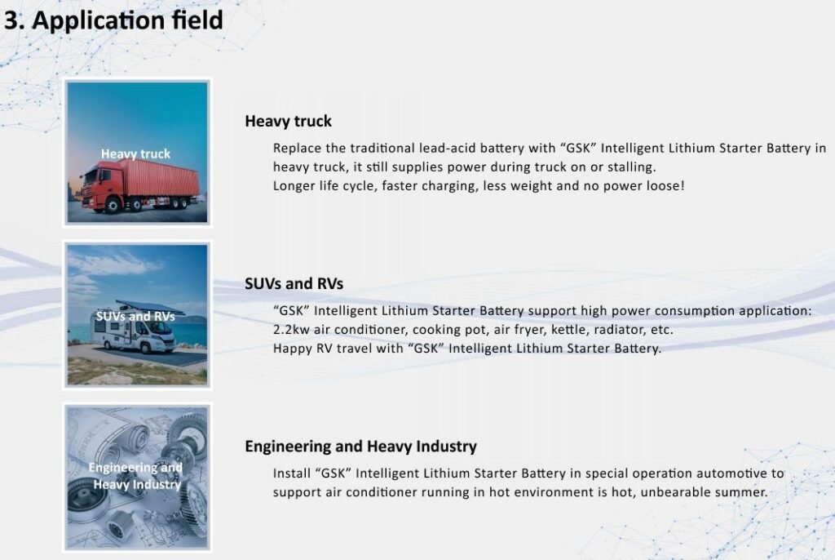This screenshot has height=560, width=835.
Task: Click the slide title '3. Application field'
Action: coord(113,20)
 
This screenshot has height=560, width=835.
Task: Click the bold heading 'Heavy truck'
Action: coord(288,122)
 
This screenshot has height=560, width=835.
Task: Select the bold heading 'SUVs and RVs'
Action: coord(294,284)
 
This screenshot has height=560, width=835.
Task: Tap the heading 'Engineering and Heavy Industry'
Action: coord(360,447)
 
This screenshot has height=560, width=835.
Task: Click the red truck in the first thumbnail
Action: coord(140,185)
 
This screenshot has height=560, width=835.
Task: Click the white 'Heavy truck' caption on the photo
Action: coord(136,154)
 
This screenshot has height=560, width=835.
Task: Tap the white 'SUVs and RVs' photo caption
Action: coord(135,316)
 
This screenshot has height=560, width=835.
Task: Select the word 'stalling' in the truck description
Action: coord(630,167)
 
